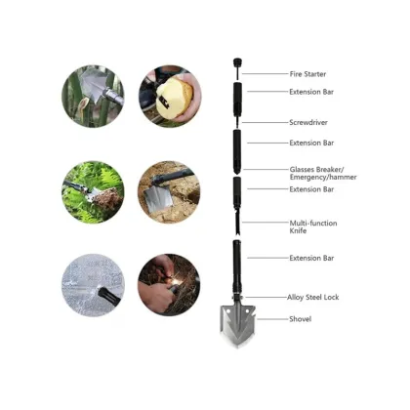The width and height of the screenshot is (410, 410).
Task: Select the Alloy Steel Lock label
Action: pos(313,297)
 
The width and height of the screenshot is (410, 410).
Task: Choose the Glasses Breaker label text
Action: pos(313,169)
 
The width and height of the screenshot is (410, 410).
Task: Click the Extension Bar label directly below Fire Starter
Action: pos(311,92)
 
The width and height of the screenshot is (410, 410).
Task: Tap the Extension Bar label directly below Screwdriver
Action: pos(311,143)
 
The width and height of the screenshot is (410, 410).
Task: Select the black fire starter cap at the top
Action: pos(236,64)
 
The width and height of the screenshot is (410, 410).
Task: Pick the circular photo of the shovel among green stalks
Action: pos(93,97)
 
